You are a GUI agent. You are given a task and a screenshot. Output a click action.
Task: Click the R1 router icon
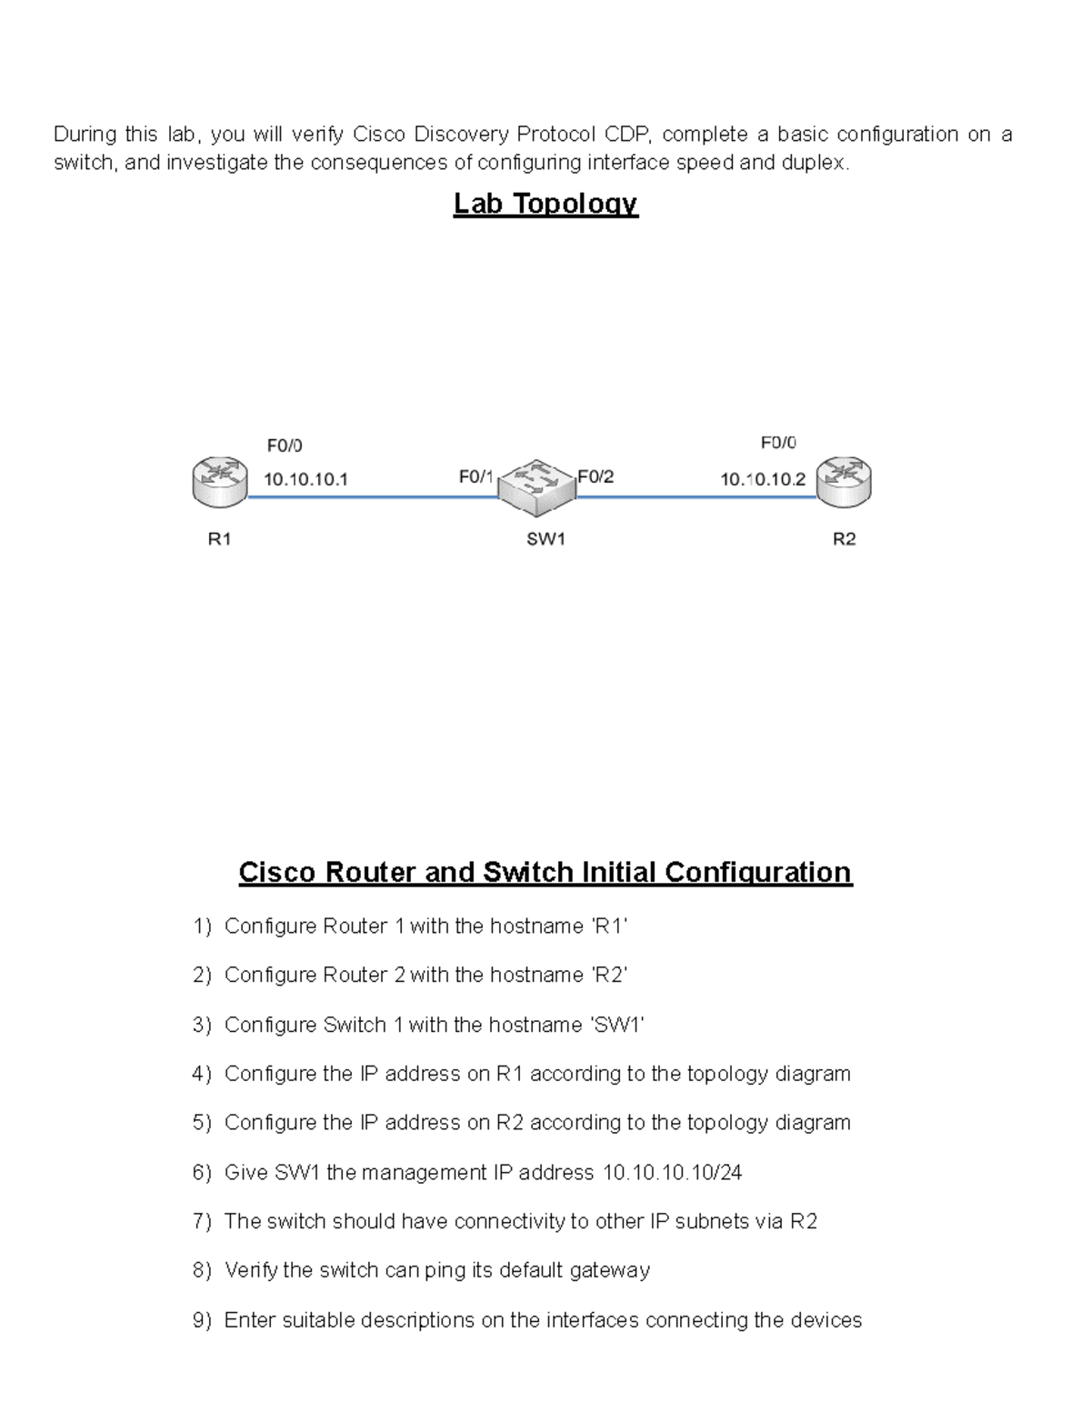[x=219, y=482]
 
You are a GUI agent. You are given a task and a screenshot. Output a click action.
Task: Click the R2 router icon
[x=844, y=481]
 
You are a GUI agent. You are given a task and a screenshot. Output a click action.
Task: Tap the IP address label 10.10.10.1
[x=305, y=478]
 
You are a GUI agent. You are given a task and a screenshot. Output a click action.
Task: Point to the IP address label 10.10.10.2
[x=763, y=479]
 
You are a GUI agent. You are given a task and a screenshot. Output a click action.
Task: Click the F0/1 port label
[x=475, y=476]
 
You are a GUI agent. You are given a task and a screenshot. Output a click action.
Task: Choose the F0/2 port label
[x=596, y=476]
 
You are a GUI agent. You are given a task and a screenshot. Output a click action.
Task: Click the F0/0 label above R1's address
[x=285, y=446]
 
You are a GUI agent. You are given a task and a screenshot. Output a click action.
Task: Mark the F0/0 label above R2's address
[x=778, y=443]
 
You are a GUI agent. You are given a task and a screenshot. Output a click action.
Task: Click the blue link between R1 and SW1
[x=373, y=497]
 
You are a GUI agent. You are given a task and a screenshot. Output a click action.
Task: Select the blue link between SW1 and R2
[x=696, y=497]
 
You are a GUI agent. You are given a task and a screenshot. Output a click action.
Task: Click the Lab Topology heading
[x=545, y=204]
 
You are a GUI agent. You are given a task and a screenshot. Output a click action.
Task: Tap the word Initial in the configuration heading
[x=613, y=873]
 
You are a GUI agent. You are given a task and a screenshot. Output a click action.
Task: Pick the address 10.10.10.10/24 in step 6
[x=672, y=1173]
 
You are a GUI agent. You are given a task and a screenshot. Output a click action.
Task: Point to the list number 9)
[x=202, y=1320]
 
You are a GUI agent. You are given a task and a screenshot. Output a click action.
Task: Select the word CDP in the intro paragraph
[x=626, y=135]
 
